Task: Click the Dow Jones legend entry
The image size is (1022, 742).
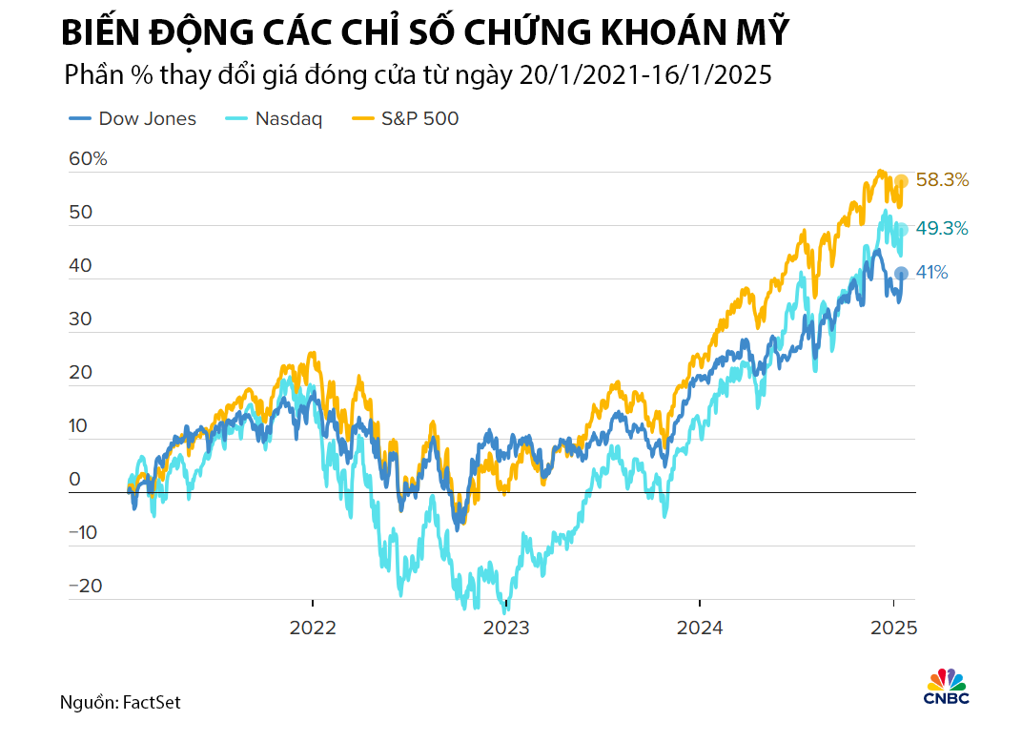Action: tap(133, 119)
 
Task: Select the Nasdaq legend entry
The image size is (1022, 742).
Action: tap(273, 119)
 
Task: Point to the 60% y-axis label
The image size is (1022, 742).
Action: tap(88, 159)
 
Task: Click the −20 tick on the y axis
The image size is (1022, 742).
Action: tap(86, 587)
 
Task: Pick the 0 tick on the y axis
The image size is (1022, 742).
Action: tap(74, 480)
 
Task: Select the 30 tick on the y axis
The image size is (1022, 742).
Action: tap(80, 319)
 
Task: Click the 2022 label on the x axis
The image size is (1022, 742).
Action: tap(313, 629)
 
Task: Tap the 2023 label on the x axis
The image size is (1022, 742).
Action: tap(506, 629)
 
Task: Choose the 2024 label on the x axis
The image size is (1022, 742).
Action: tap(700, 629)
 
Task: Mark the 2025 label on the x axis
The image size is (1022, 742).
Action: tap(893, 629)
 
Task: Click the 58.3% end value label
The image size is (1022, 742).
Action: tap(942, 179)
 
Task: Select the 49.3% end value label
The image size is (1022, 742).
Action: tap(942, 229)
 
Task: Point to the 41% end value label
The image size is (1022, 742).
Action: tap(931, 273)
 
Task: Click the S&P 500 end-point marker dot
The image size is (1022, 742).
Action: tap(900, 181)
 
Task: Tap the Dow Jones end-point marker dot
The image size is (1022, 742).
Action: tap(900, 274)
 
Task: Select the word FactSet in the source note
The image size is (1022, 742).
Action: tap(152, 703)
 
